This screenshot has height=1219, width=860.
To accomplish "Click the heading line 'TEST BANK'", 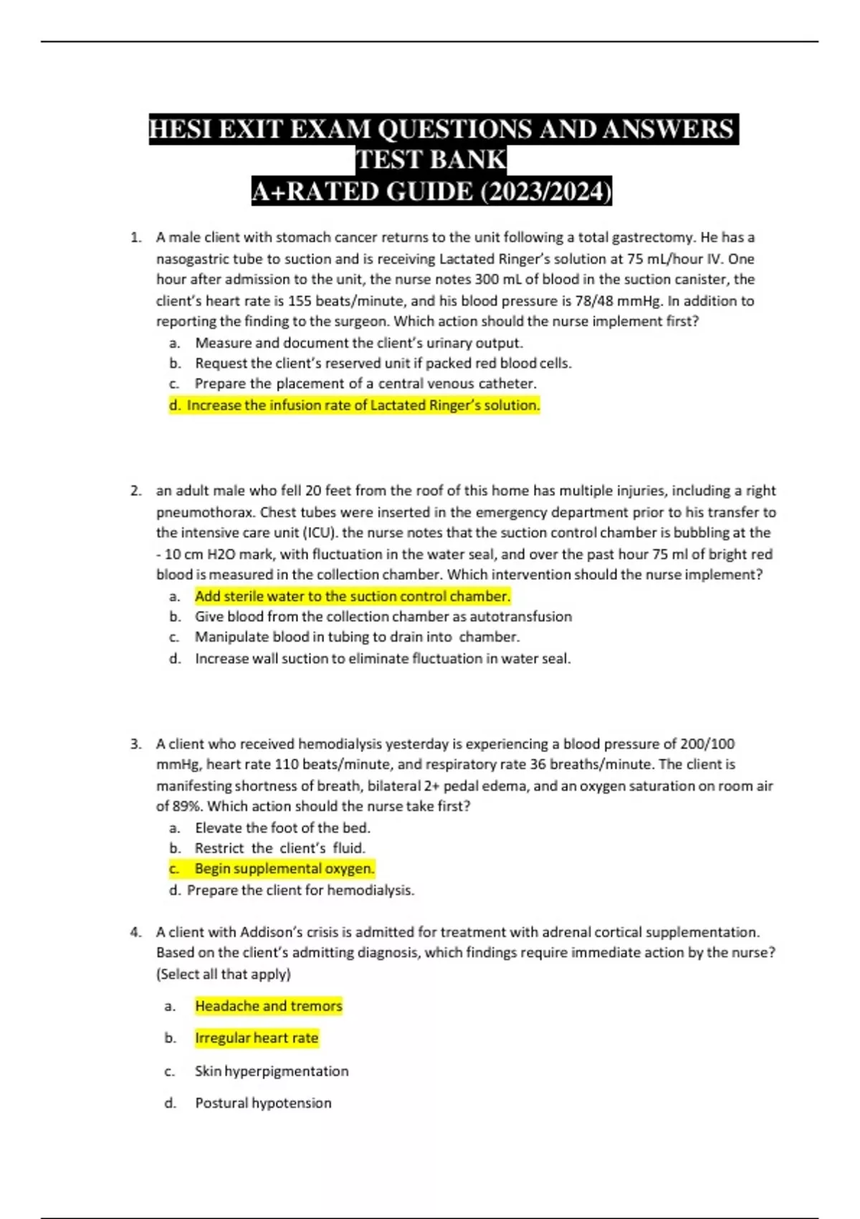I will (x=431, y=160).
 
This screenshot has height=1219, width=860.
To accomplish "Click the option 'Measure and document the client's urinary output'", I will (x=358, y=343).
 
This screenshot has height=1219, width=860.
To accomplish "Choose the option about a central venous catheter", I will (x=365, y=384).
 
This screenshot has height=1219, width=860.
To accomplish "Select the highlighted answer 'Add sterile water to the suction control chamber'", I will (x=353, y=596).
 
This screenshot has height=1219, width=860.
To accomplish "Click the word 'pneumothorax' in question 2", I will (x=205, y=512).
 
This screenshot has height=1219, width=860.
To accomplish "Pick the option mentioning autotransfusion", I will (x=383, y=617).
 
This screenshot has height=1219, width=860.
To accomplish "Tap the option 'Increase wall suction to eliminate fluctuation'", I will (x=383, y=658).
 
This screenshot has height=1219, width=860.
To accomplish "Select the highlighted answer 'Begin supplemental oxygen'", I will (x=285, y=868).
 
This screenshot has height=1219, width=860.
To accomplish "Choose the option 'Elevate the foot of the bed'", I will (x=282, y=827).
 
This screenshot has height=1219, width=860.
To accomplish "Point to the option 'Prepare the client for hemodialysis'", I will (x=300, y=890).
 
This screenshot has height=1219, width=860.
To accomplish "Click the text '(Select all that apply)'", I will (x=224, y=974).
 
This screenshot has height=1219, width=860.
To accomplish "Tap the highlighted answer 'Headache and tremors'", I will (x=269, y=1006).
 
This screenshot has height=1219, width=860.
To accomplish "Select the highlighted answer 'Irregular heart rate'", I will (x=257, y=1038).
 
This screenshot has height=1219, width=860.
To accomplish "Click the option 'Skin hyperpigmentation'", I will (x=272, y=1071).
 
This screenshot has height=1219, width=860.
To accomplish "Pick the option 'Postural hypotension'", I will (x=263, y=1103).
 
